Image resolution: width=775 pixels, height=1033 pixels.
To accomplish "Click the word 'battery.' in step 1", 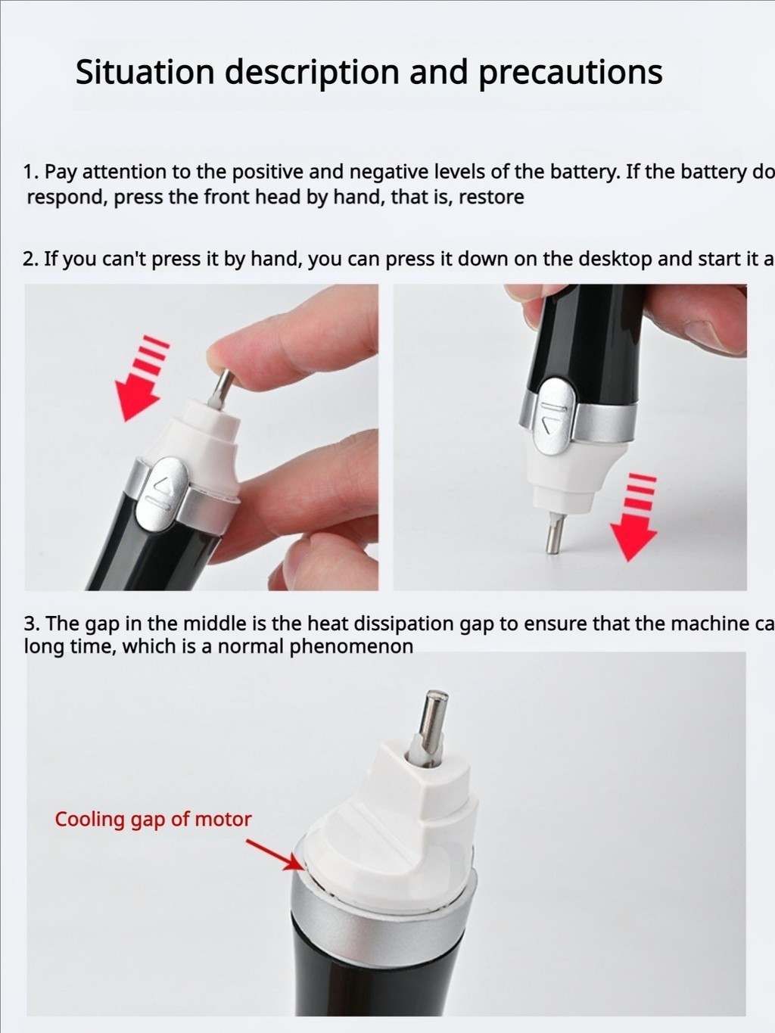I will pyautogui.click(x=584, y=172).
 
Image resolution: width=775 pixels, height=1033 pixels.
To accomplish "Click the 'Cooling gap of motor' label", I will pyautogui.click(x=153, y=819).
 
